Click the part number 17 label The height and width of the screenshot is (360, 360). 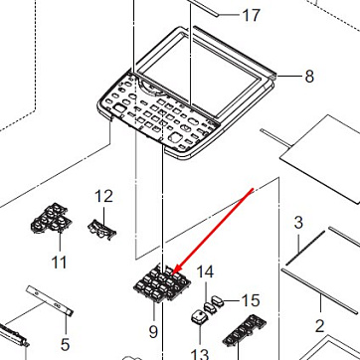click(252, 15)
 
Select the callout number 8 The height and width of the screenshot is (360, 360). click(309, 77)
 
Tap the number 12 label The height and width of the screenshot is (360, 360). click(103, 196)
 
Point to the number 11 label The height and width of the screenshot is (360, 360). click(60, 263)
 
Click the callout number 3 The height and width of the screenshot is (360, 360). click(298, 223)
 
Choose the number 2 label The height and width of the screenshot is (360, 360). click(319, 326)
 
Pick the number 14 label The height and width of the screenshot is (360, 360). click(205, 272)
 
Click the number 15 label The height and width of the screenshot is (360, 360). click(251, 300)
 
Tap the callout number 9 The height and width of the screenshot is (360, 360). click(153, 331)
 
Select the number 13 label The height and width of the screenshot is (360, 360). click(200, 354)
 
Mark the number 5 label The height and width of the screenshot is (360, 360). click(66, 345)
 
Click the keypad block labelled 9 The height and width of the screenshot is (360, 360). click(162, 284)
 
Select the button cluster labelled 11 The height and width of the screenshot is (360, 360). click(50, 219)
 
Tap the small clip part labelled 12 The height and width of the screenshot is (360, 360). click(102, 230)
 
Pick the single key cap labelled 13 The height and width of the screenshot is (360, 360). click(199, 316)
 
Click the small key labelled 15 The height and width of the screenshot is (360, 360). click(218, 301)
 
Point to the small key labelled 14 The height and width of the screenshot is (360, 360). click(209, 307)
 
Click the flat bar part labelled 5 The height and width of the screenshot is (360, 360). click(50, 300)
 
